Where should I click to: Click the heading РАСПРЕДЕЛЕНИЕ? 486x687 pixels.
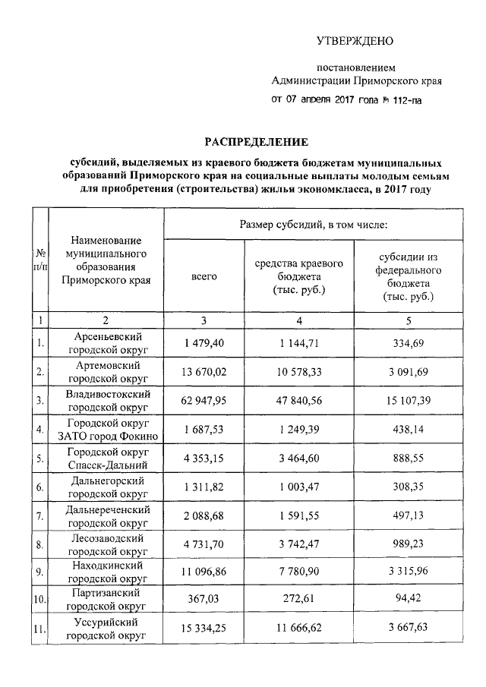coord(254,142)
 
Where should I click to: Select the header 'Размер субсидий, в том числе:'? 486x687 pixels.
coord(314,225)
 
